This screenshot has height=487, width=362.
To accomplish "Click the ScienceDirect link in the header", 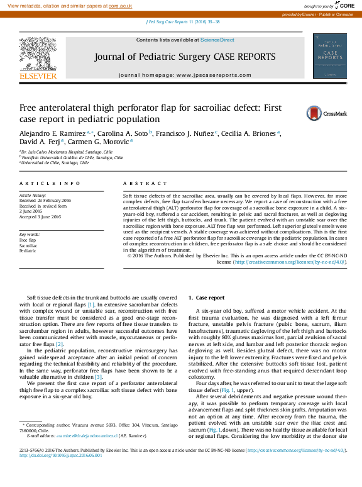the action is [217, 40].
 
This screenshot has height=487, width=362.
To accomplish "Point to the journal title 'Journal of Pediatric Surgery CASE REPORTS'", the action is [185, 57].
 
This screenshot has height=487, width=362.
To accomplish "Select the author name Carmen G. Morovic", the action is [105, 142].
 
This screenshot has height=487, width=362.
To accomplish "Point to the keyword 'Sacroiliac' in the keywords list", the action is [29, 245].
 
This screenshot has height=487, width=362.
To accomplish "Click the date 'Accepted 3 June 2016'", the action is [40, 217].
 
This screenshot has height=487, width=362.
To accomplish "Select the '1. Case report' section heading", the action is [206, 298].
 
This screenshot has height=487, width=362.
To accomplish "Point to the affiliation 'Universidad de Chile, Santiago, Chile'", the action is [55, 162].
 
